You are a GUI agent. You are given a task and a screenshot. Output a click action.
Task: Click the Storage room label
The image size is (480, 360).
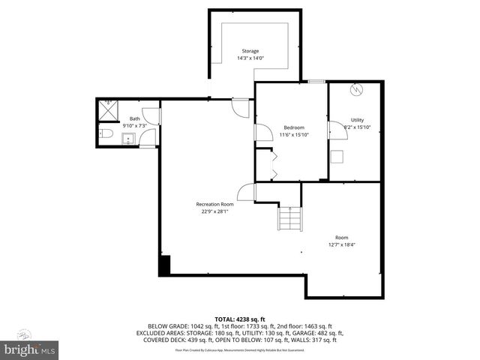[250, 51]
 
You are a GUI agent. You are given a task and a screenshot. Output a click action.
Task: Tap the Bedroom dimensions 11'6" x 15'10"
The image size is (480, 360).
[294, 134]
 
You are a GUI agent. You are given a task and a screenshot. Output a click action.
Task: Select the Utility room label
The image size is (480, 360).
[357, 120]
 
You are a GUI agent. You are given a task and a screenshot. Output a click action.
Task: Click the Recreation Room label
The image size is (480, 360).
[214, 204]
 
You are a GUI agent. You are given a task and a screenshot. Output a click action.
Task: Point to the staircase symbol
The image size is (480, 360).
[290, 219]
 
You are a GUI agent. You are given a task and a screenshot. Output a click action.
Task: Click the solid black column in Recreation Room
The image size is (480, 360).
[165, 265]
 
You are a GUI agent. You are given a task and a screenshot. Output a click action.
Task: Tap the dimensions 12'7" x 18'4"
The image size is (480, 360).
[342, 244]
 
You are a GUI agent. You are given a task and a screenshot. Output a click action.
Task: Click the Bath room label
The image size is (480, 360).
[134, 118]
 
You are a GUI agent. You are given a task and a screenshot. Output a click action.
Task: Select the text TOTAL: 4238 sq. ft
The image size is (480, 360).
[240, 319]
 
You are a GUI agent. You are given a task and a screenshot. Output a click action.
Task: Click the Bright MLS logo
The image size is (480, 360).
[30, 348]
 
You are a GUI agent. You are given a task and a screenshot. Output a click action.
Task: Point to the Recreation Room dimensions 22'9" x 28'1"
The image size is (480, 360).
[214, 211]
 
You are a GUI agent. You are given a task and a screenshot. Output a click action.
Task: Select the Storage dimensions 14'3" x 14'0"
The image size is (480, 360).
[250, 58]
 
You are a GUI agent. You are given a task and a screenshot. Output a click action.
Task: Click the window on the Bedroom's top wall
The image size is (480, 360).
[316, 81]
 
